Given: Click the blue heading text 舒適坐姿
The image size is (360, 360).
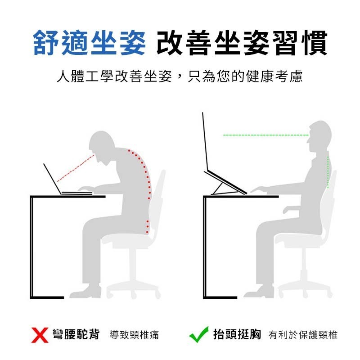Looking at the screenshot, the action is click(90, 43).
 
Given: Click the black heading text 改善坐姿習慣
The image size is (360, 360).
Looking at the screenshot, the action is click(242, 43).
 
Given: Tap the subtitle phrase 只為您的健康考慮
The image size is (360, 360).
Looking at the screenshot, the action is click(245, 76).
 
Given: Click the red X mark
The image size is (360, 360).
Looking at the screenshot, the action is click(40, 335).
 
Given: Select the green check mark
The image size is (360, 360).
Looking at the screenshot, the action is click(198, 335).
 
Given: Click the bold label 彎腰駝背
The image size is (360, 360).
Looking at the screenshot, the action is click(76, 334).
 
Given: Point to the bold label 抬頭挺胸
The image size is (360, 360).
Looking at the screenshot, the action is click(237, 334).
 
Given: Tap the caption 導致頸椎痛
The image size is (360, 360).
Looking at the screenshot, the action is click(134, 335).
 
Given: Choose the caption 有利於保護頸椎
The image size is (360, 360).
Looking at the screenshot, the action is click(303, 335).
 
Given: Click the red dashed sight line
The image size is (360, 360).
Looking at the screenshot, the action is click(76, 168).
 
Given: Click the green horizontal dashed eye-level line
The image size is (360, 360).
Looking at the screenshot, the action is click(266, 135).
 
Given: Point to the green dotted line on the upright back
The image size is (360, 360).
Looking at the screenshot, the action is click(328, 172).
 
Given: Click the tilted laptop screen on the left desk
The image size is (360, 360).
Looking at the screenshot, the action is click(52, 179).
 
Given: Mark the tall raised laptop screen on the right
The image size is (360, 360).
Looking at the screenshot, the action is click(205, 142).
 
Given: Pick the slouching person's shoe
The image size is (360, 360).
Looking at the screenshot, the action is click(85, 292).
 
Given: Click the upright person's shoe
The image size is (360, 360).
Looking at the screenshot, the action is click(259, 292).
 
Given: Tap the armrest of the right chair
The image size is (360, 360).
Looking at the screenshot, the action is click(291, 208).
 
